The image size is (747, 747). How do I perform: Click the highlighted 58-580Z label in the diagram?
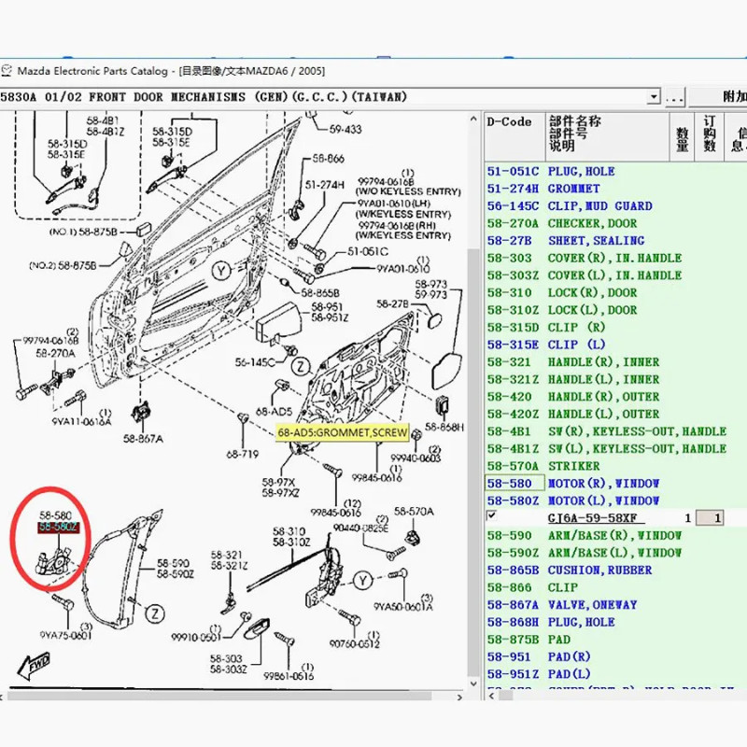pyautogui.click(x=58, y=528)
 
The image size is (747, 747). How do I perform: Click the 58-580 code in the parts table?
pyautogui.click(x=509, y=484)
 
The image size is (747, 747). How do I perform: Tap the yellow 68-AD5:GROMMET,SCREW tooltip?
pyautogui.click(x=343, y=433)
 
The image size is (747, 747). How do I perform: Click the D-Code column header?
pyautogui.click(x=510, y=122)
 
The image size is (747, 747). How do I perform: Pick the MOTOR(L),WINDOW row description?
pyautogui.click(x=603, y=501)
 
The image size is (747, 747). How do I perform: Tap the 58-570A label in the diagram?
pyautogui.click(x=414, y=512)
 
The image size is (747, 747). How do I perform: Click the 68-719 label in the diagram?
pyautogui.click(x=243, y=455)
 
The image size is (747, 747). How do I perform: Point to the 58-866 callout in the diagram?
pyautogui.click(x=328, y=159)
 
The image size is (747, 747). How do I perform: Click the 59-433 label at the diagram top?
pyautogui.click(x=345, y=129)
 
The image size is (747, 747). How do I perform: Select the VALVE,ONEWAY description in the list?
pyautogui.click(x=592, y=605)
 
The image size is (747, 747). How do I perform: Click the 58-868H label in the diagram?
pyautogui.click(x=444, y=428)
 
